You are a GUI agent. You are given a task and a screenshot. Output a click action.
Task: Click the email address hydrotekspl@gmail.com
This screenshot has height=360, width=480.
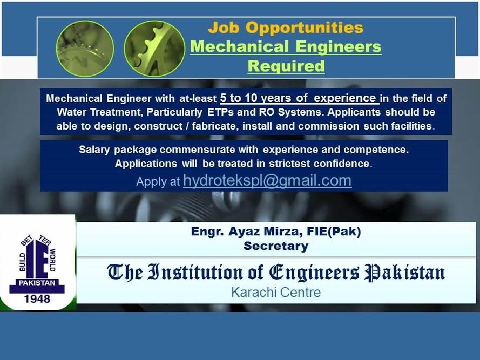pyautogui.click(x=267, y=181)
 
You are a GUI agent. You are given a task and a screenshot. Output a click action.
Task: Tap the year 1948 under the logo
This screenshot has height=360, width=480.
pyautogui.click(x=37, y=299)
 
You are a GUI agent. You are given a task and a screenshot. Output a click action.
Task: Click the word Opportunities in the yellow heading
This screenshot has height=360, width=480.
pyautogui.click(x=305, y=28)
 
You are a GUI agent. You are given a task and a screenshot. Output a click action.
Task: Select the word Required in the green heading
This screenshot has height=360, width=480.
pyautogui.click(x=286, y=66)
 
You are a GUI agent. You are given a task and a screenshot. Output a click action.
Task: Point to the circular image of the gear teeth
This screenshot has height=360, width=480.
pyautogui.click(x=154, y=49)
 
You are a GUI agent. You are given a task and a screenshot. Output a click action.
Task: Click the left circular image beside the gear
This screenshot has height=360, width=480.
pyautogui.click(x=85, y=49)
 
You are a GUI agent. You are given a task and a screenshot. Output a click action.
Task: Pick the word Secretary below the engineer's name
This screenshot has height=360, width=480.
pyautogui.click(x=276, y=246)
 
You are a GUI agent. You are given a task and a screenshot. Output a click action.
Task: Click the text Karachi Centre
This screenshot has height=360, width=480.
pyautogui.click(x=276, y=293)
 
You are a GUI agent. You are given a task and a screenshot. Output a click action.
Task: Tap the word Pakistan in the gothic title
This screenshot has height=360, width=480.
pyautogui.click(x=404, y=272)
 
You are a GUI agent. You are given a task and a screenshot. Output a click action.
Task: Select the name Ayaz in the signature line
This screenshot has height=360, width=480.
pyautogui.click(x=244, y=232)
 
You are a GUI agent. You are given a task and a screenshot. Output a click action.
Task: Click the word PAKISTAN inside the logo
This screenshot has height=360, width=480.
pyautogui.click(x=37, y=283)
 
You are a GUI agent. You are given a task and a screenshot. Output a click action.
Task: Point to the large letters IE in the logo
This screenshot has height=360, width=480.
pyautogui.click(x=37, y=259)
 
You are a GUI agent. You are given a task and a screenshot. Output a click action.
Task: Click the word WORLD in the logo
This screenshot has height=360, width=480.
pyautogui.click(x=53, y=260)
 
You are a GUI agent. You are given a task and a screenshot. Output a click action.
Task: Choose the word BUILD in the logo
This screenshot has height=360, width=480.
pyautogui.click(x=22, y=262)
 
